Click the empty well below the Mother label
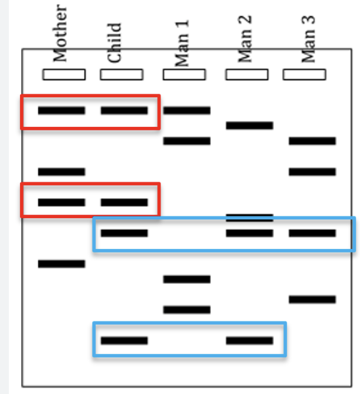(64, 74)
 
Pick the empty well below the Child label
(122, 74)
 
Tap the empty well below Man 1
(184, 74)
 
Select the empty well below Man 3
(305, 74)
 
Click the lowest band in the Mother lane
(61, 264)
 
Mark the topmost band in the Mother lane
(61, 110)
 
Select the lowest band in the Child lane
(124, 340)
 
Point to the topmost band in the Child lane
(124, 110)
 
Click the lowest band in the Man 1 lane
(186, 310)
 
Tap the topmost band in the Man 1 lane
(186, 110)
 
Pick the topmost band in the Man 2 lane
(250, 126)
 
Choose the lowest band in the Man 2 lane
(250, 340)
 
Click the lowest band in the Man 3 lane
(312, 300)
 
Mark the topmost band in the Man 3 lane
(312, 141)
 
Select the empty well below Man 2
(247, 74)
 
